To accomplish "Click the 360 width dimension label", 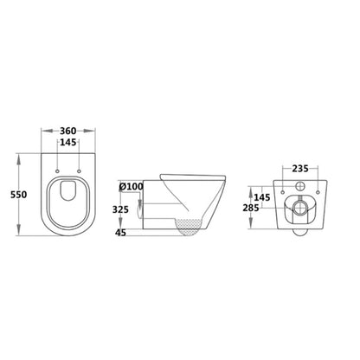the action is pyautogui.click(x=68, y=131).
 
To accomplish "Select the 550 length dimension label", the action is pyautogui.click(x=19, y=195).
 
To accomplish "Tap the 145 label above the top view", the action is pyautogui.click(x=68, y=142).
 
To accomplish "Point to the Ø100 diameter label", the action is pyautogui.click(x=132, y=187).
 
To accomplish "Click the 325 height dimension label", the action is pyautogui.click(x=120, y=209).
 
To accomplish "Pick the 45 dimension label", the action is pyautogui.click(x=120, y=233).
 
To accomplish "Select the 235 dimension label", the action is pyautogui.click(x=300, y=169).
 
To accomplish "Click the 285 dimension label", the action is pyautogui.click(x=251, y=208).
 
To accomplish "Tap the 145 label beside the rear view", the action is pyautogui.click(x=262, y=197).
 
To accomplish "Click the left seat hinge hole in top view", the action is pyautogui.click(x=57, y=171).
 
